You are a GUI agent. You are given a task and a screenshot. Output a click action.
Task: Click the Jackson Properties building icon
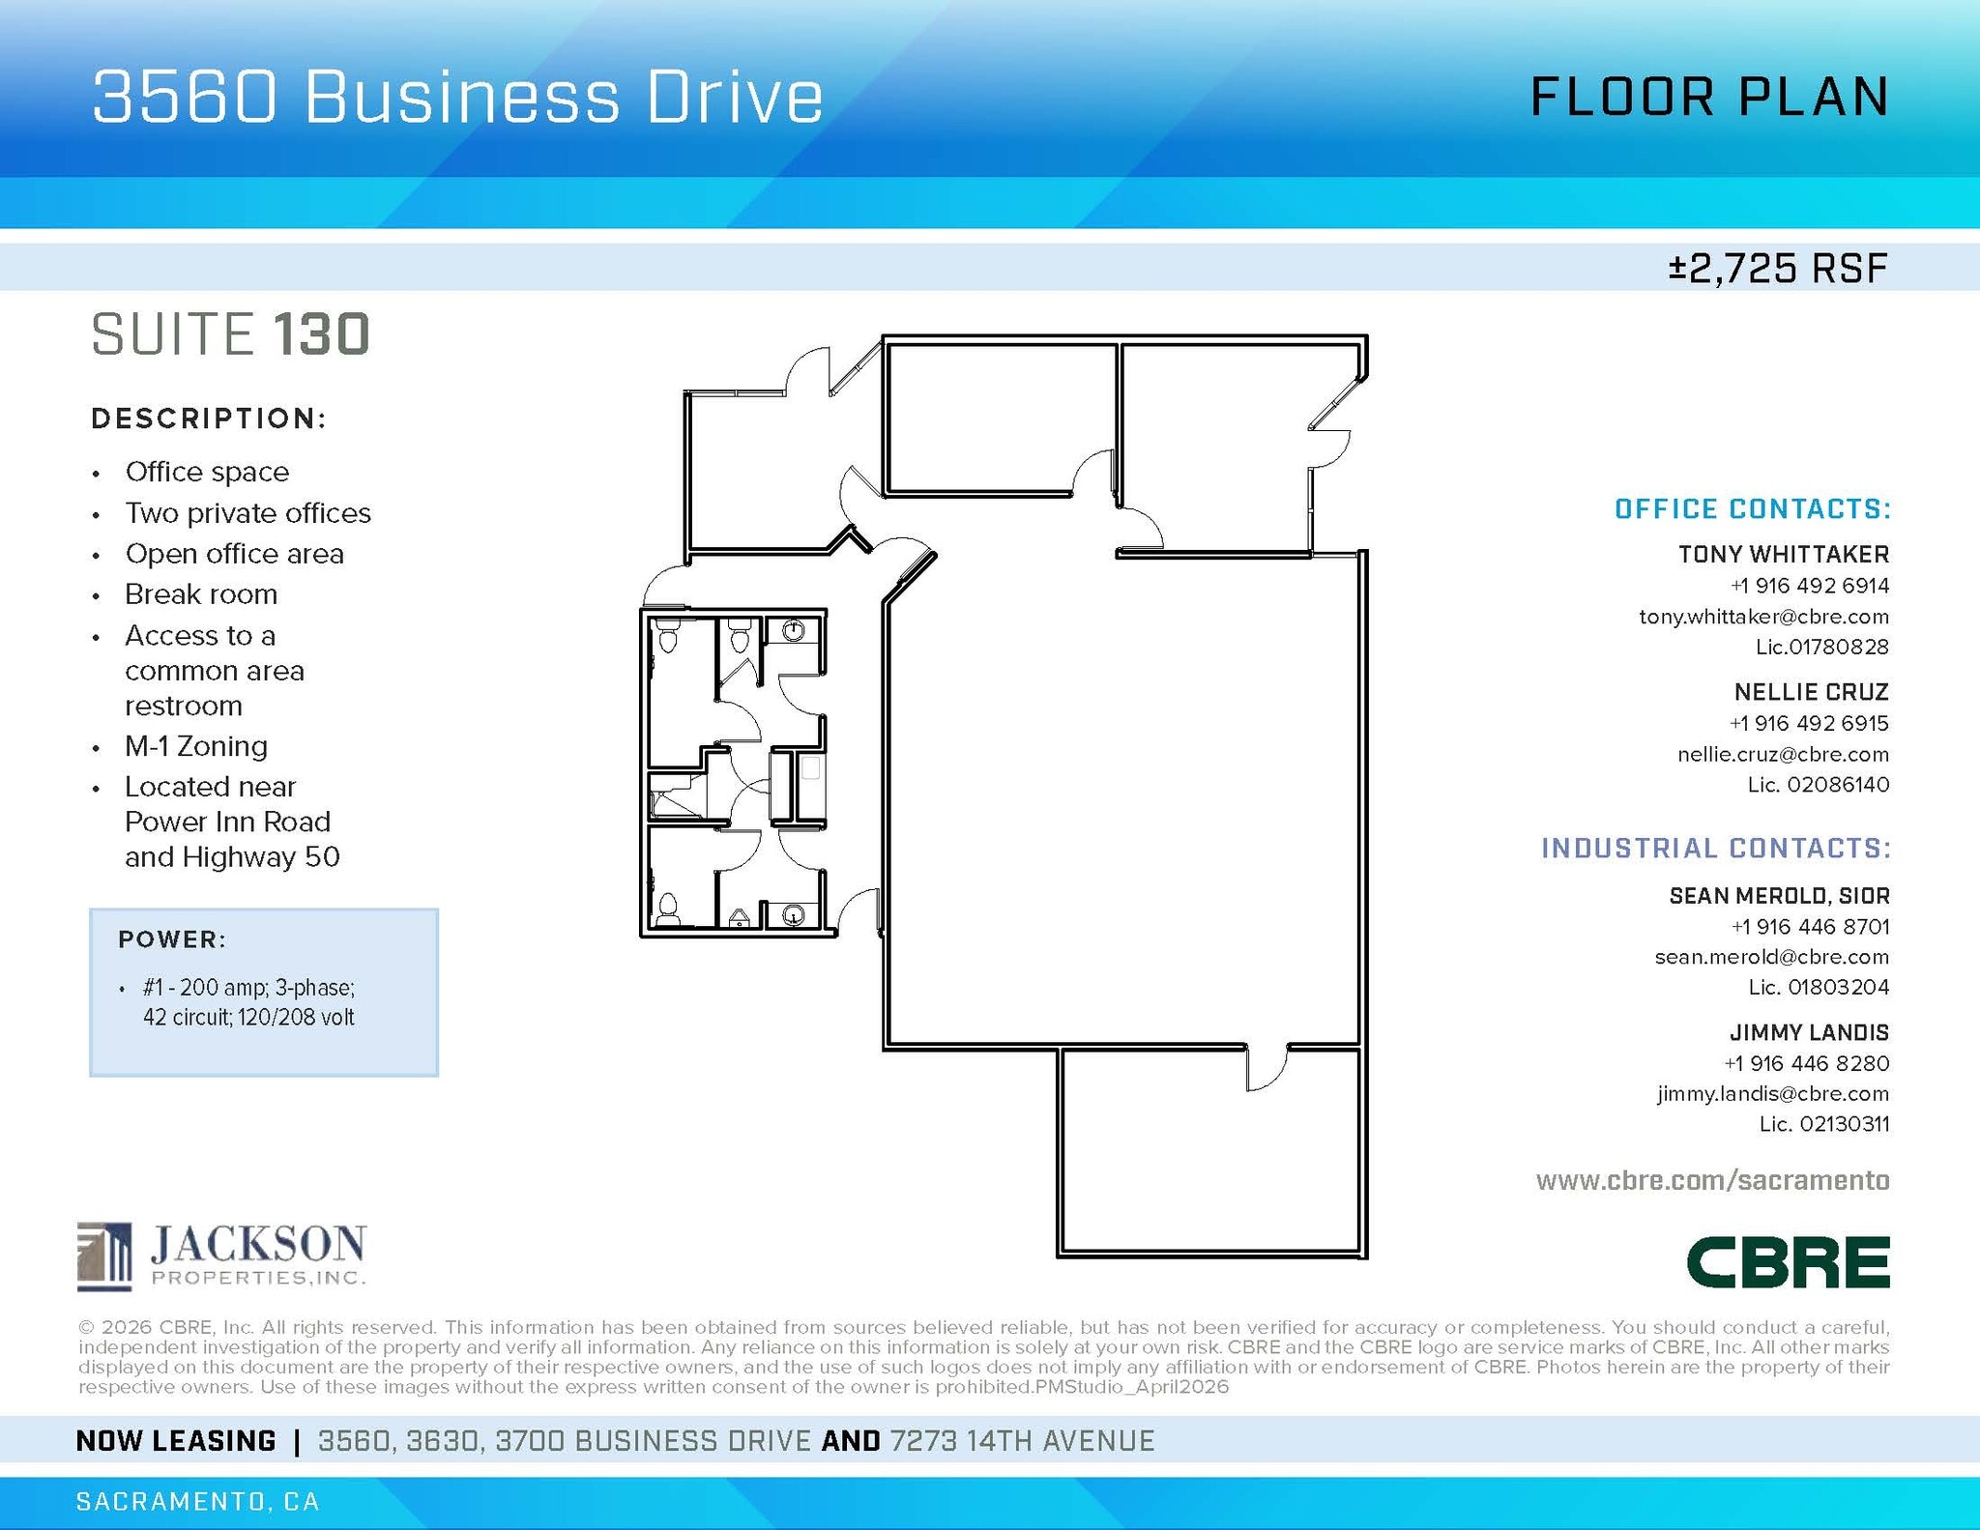[x=104, y=1256]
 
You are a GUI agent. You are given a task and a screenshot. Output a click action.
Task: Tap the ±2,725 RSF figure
[x=1777, y=268]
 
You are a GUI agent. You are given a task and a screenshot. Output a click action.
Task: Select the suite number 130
[x=322, y=334]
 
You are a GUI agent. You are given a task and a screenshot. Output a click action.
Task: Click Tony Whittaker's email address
[x=1762, y=617]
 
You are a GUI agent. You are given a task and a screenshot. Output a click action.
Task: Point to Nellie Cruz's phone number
[x=1809, y=723]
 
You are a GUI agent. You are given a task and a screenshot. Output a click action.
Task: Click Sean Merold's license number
[x=1818, y=987]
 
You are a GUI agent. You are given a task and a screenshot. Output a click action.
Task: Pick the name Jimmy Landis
[x=1809, y=1032]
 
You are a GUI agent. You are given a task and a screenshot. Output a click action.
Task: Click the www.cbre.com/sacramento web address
[x=1712, y=1180]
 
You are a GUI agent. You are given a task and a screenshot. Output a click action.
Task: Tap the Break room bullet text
[x=201, y=594]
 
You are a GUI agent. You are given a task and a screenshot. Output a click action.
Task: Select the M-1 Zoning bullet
[x=196, y=746]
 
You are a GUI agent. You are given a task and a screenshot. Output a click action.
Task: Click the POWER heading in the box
[x=172, y=939]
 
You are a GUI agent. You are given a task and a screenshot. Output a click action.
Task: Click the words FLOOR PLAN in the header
[x=1709, y=97]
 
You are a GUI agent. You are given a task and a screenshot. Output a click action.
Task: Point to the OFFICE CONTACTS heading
[x=1752, y=509]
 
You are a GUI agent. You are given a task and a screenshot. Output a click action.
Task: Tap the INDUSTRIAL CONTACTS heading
[x=1715, y=848]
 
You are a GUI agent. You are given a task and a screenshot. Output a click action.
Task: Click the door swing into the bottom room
[x=1265, y=1069]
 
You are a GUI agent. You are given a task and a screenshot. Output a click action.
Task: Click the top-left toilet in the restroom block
[x=668, y=637]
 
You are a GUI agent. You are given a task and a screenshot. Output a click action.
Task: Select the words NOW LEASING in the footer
[x=176, y=1441]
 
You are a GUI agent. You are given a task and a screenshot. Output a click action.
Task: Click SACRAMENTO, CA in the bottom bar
[x=197, y=1501]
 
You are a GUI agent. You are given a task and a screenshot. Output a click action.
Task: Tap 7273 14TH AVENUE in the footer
[x=1022, y=1441]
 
